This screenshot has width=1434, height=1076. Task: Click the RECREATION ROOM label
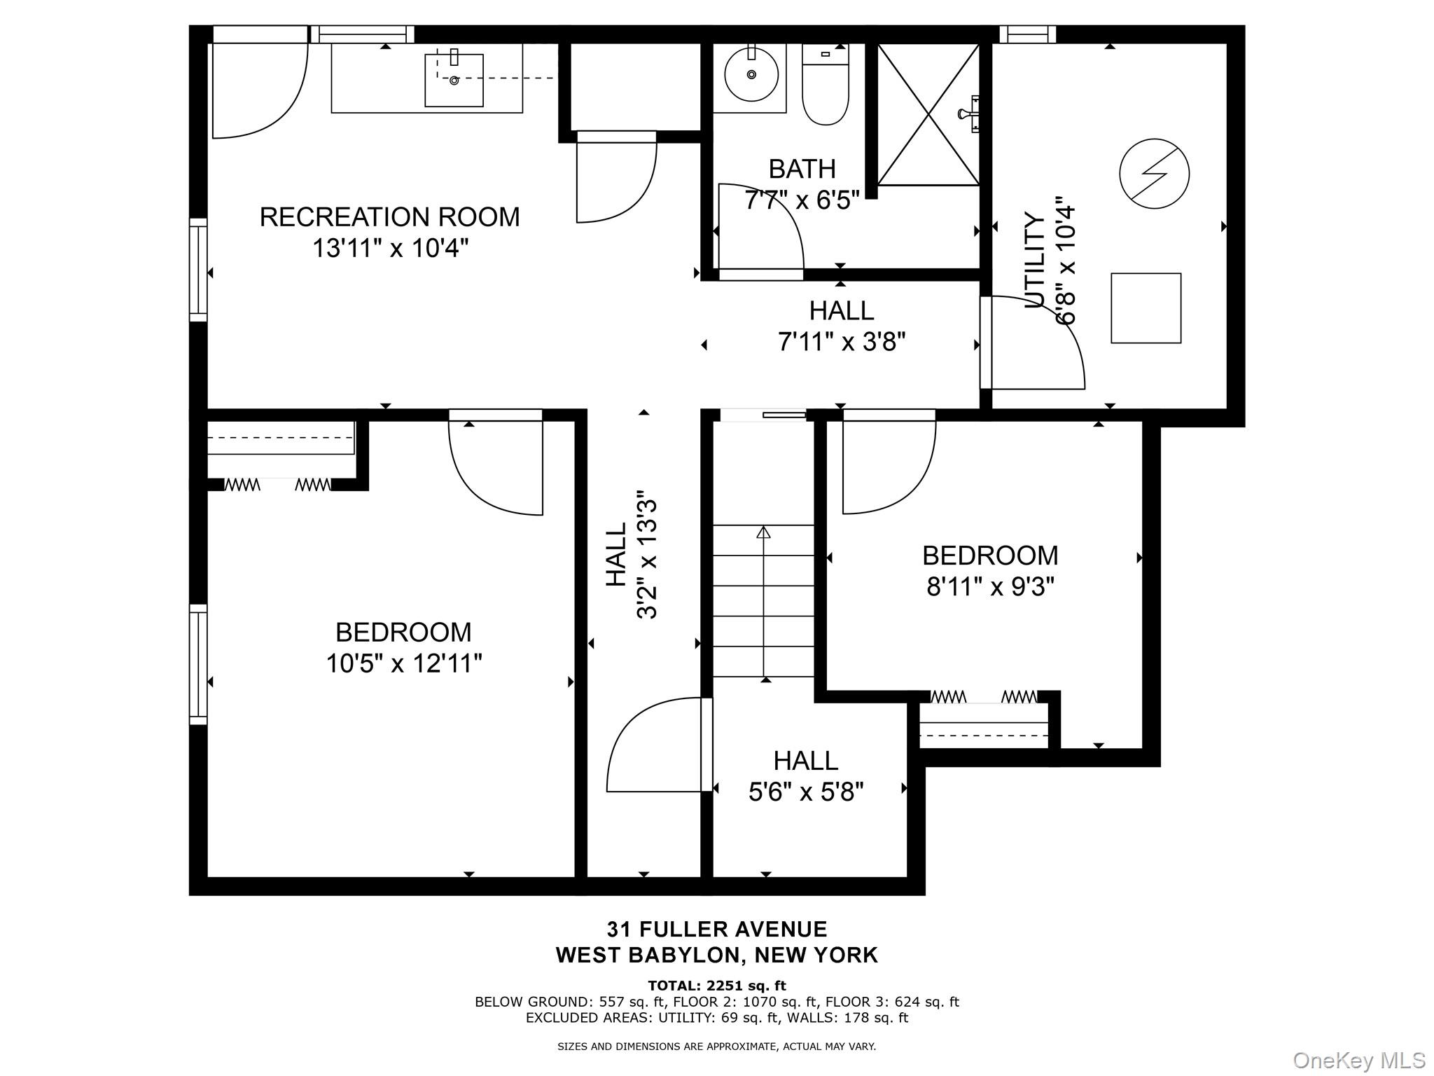coord(389,217)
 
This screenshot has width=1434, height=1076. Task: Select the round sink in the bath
coord(751,74)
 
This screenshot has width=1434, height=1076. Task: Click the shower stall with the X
coord(928,115)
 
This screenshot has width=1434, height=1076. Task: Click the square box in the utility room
coord(1146,308)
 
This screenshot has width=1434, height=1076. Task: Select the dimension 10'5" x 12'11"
coord(404,663)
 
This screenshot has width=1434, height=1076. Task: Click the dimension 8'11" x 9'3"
coord(990,586)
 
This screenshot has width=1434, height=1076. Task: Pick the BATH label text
coord(802,169)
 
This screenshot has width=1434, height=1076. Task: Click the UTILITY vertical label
coord(1035,260)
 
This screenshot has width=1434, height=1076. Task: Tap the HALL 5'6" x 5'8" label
coord(805,776)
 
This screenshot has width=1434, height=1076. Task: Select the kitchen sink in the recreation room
coord(454,81)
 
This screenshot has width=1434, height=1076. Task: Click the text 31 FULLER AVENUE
coord(716,929)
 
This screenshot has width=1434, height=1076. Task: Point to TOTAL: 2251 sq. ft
coord(716,986)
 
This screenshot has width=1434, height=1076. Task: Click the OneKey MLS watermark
coord(1358,1060)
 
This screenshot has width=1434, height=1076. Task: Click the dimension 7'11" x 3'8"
coord(841,342)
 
